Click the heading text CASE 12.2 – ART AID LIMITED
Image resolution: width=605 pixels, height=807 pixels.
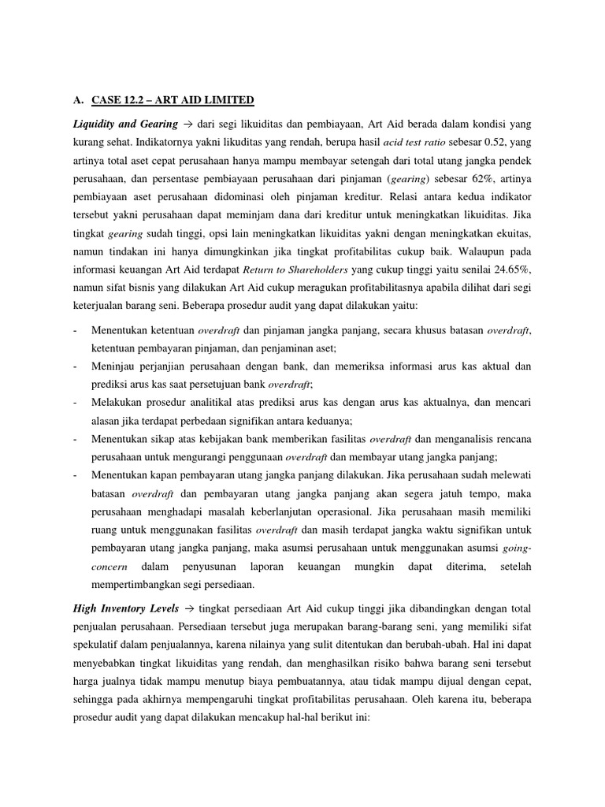173,100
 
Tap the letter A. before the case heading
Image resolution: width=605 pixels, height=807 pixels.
76,100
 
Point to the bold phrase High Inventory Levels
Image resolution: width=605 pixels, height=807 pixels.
124,610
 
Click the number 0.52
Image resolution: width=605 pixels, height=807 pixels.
493,145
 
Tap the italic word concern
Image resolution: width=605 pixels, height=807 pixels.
109,567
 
